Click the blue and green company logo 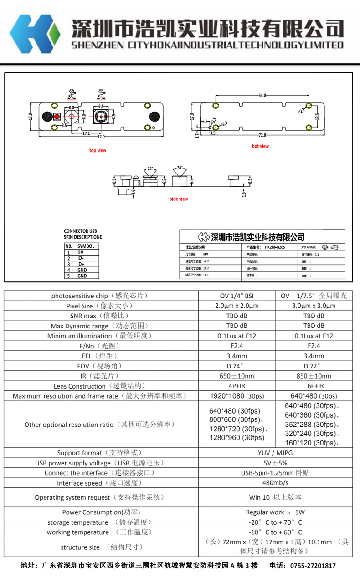35,34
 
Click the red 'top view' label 98,150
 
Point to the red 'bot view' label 260,146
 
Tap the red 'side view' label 179,199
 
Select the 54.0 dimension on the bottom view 262,96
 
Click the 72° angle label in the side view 150,169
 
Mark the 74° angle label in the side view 180,167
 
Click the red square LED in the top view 57,117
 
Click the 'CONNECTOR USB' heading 80,231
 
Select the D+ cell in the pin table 81,264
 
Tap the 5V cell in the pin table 81,252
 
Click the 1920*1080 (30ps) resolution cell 237,396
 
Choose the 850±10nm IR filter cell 314,376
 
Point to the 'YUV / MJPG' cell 275,453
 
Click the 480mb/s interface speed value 275,483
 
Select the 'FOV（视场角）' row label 99,366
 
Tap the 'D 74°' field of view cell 237,366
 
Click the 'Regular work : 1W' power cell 275,512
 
